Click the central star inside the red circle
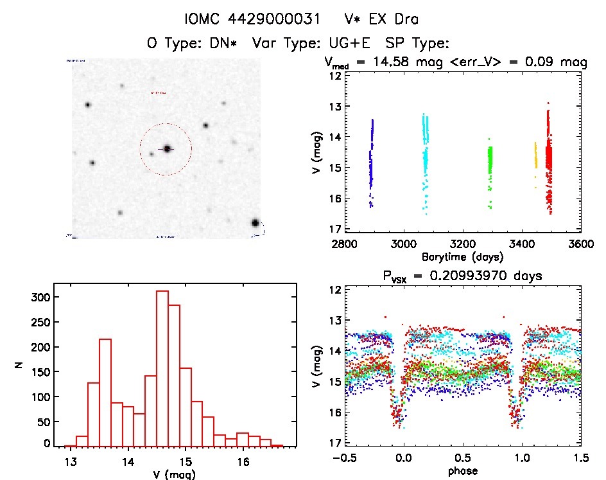[167, 148]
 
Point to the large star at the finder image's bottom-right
[255, 224]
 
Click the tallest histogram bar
[162, 368]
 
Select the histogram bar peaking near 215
[105, 392]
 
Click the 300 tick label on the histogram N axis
[38, 297]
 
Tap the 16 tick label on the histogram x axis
[243, 461]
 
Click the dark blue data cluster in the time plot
[371, 161]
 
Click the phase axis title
[462, 471]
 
